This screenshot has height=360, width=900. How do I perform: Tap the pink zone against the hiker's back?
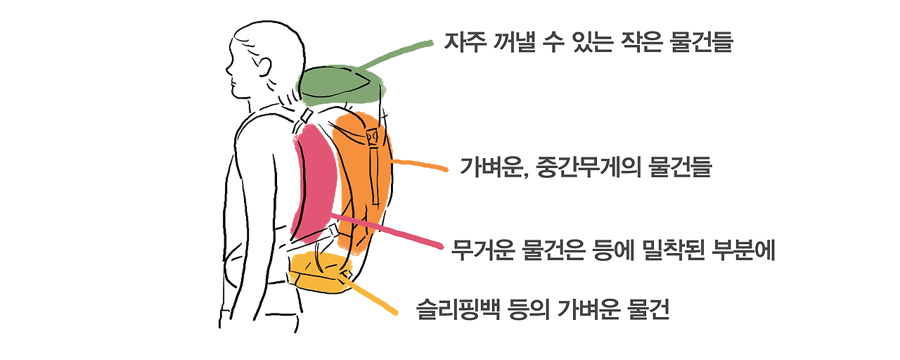316,179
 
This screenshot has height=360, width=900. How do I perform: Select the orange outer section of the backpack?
362,176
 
